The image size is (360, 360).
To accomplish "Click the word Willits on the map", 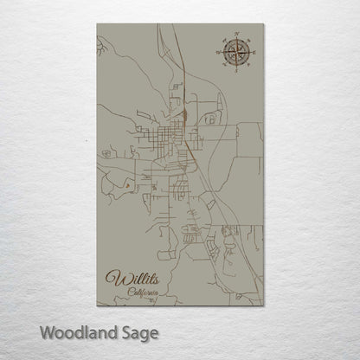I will point(129,280).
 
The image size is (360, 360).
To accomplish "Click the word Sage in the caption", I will point(138,332).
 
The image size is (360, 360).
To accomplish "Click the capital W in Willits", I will point(112,279).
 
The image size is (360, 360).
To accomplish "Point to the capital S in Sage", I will point(123,331).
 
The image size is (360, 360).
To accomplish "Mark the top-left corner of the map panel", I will point(98,24).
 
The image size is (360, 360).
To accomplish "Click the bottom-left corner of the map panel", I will point(98,305).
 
